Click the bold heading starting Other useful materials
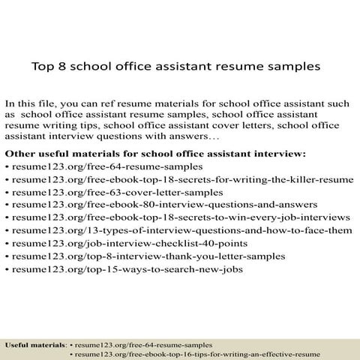tap(155, 154)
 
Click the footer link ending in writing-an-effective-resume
tap(197, 353)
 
